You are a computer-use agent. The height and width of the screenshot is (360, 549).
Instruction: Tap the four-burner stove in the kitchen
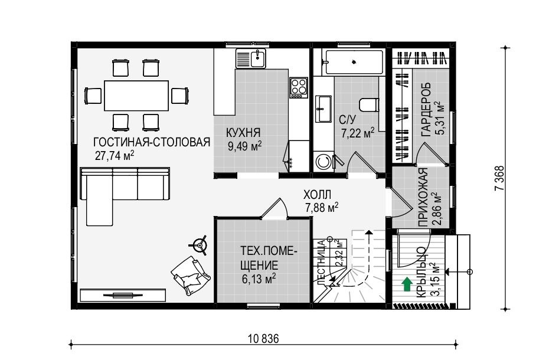click(299, 87)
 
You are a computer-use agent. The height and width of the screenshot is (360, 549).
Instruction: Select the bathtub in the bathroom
click(354, 63)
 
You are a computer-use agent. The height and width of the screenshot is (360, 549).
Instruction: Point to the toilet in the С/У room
click(369, 104)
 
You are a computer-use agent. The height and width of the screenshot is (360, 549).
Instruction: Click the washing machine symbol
click(324, 162)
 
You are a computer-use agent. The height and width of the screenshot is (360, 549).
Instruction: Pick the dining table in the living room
click(136, 95)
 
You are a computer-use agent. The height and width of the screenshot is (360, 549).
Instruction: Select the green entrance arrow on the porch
click(407, 284)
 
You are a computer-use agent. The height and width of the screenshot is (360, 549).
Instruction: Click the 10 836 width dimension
click(264, 339)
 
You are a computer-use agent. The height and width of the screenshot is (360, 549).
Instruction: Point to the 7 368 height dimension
click(499, 178)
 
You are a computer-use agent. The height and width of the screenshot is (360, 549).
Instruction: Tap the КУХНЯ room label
click(243, 133)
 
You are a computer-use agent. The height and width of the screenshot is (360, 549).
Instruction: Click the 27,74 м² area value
click(115, 155)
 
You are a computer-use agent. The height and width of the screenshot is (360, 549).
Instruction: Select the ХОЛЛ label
click(317, 194)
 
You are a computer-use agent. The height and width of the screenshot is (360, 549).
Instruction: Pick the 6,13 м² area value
click(259, 279)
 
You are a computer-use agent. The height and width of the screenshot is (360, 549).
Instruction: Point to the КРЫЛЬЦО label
click(422, 272)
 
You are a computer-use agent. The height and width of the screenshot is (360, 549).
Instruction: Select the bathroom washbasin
click(323, 109)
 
